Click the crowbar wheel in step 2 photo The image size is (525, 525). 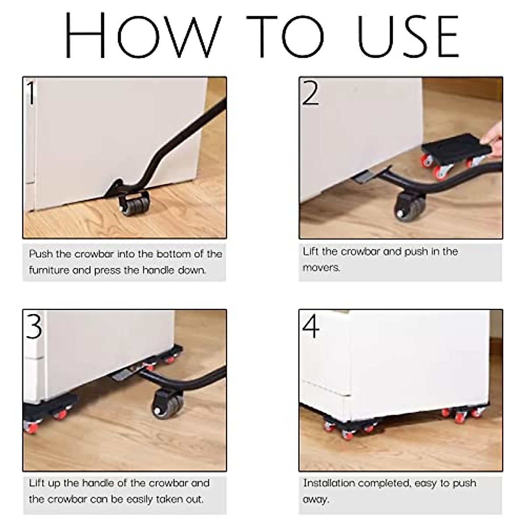[x=407, y=205]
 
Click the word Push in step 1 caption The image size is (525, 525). [x=42, y=254]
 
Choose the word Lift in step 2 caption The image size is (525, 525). [x=311, y=252]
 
